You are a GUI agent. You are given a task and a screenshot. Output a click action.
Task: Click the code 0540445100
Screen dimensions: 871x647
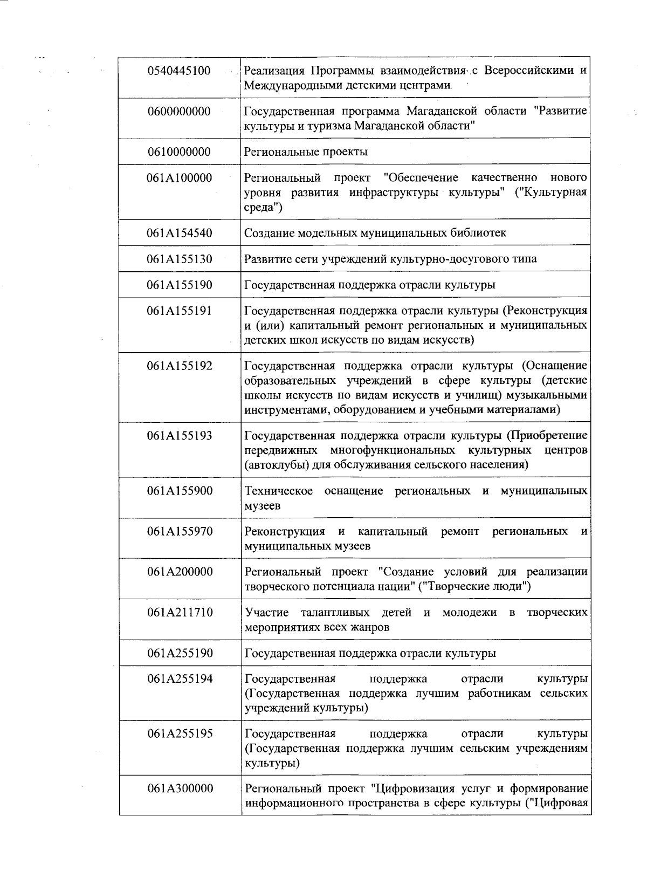(x=179, y=71)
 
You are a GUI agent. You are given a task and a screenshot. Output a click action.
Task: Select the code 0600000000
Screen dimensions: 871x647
(x=179, y=112)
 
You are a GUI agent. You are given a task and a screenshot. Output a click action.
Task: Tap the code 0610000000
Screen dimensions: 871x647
(x=179, y=152)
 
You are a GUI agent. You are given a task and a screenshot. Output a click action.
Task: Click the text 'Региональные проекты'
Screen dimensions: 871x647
(x=306, y=152)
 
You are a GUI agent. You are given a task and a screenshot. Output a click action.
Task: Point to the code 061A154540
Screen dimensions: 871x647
(x=179, y=233)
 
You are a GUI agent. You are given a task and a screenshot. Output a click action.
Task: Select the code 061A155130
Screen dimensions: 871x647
(x=179, y=259)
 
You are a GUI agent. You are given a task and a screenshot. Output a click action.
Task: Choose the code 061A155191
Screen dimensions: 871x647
(x=179, y=311)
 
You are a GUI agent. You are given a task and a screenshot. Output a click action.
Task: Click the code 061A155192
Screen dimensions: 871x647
(x=179, y=366)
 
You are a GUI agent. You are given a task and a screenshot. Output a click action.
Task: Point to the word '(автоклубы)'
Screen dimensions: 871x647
(x=277, y=465)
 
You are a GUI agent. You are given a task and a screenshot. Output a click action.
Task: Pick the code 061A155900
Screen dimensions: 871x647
(x=179, y=491)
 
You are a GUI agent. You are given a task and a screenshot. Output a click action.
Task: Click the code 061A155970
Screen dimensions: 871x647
(x=179, y=532)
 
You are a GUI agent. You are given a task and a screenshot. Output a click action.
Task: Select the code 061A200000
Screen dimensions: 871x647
(x=179, y=572)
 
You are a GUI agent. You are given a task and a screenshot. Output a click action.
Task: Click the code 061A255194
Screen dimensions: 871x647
(x=179, y=679)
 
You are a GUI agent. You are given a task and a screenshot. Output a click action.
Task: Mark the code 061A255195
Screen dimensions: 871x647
(x=179, y=734)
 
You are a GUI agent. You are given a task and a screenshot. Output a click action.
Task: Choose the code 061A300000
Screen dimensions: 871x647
(x=179, y=789)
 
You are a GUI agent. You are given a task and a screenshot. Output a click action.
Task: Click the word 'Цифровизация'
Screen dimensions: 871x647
(x=413, y=789)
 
